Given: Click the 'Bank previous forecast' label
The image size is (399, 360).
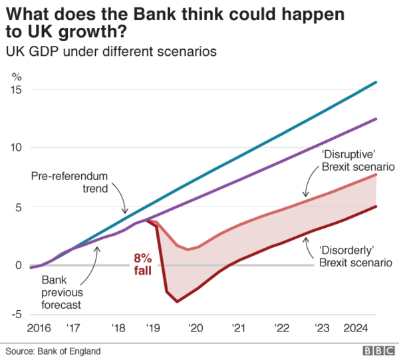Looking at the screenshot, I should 62,293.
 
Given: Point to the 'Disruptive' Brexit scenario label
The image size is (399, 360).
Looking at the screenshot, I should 358,160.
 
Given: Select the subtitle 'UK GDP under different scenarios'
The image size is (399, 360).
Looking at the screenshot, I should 110,51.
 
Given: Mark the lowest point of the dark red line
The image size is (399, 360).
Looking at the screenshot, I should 177,302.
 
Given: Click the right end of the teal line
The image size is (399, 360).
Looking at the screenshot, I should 376,82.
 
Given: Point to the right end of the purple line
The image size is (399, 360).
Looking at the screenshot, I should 376,119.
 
